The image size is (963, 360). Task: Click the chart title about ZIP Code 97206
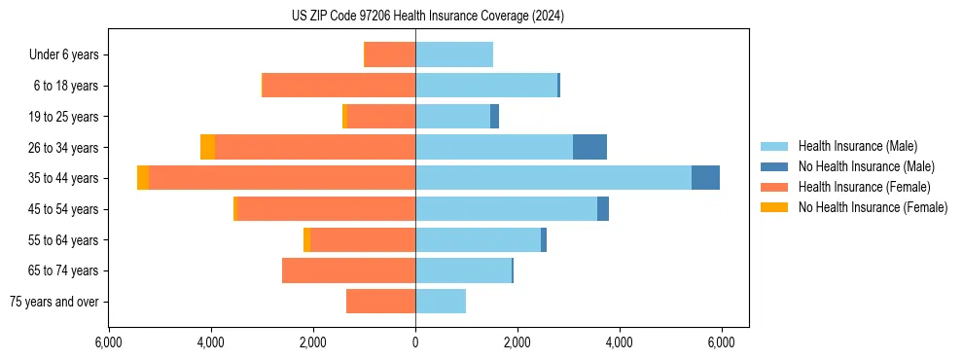[428, 17]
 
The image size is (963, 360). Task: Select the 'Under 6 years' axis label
[70, 54]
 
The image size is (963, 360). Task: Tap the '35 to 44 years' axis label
[64, 178]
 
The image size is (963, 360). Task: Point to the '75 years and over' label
[54, 302]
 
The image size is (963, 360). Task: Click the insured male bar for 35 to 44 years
[553, 178]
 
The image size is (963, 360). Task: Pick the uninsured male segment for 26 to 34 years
[589, 147]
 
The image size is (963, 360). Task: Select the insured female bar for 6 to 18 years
[339, 86]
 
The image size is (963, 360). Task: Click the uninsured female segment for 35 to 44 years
[143, 178]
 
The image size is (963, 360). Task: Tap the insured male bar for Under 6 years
[454, 54]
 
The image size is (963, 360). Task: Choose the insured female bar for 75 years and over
[380, 302]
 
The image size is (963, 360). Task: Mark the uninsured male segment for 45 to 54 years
[603, 209]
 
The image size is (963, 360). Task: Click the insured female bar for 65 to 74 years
[348, 270]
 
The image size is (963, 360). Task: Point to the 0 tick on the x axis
[415, 342]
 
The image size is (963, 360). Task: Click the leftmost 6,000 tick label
[109, 342]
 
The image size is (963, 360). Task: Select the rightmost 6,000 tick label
[721, 342]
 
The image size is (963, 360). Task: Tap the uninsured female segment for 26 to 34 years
[207, 147]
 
